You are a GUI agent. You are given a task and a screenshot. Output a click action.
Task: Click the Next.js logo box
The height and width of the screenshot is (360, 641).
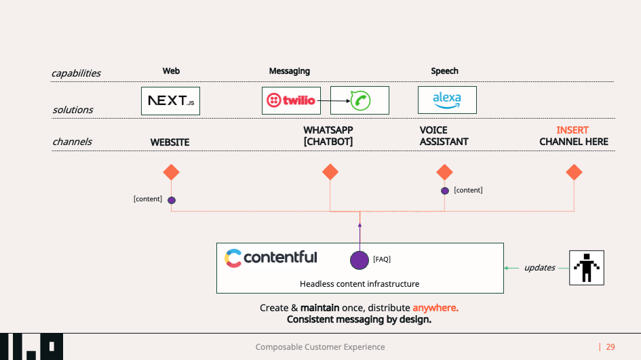(171, 100)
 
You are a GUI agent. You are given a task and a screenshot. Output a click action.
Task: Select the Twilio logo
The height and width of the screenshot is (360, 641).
(291, 100)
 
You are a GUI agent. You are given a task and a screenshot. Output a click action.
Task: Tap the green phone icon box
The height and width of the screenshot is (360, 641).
(360, 100)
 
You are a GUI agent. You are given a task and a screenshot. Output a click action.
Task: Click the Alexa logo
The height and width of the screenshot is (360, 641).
(447, 100)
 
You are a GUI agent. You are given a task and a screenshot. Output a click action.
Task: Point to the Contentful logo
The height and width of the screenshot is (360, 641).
(271, 258)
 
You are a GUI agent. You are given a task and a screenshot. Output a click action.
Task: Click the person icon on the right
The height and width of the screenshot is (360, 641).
(586, 267)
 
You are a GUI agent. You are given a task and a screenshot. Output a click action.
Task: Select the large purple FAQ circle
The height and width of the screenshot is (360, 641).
(360, 260)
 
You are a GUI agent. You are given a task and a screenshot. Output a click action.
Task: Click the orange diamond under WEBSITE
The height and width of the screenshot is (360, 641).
(171, 172)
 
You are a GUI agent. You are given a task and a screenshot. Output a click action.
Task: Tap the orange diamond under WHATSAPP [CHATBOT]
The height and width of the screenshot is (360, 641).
(330, 172)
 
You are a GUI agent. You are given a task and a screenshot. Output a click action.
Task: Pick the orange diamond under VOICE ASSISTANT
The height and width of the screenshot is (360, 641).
(444, 172)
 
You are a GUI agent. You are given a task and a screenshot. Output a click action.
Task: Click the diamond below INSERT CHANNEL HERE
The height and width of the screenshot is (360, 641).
(574, 172)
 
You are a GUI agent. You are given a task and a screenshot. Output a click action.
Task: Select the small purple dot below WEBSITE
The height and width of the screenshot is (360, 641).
(172, 200)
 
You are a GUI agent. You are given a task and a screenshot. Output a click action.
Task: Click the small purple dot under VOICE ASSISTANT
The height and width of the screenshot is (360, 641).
(445, 191)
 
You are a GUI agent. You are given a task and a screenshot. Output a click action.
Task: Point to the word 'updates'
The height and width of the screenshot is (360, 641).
(539, 268)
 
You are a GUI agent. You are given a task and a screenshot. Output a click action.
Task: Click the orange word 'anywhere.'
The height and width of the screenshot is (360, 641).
(435, 308)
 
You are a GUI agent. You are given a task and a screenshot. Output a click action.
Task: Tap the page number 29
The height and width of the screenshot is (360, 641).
(610, 347)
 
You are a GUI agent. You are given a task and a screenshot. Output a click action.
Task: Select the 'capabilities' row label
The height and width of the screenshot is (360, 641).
(76, 73)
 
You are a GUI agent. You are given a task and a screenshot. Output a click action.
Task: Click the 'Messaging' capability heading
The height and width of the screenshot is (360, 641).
(289, 71)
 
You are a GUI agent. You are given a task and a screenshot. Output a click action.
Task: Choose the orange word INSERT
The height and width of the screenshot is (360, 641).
(572, 130)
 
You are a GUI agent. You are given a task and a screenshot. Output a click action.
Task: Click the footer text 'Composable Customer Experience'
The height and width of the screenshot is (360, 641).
(320, 347)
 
